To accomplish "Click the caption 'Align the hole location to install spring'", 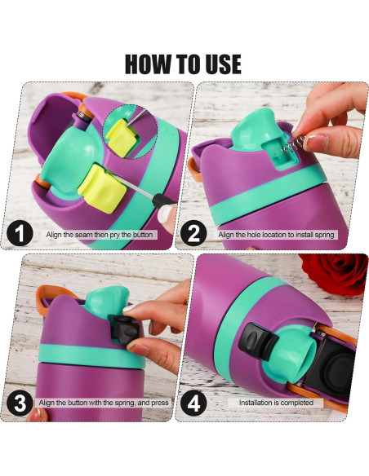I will pyautogui.click(x=277, y=236).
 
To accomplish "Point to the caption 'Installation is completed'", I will pyautogui.click(x=276, y=403).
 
